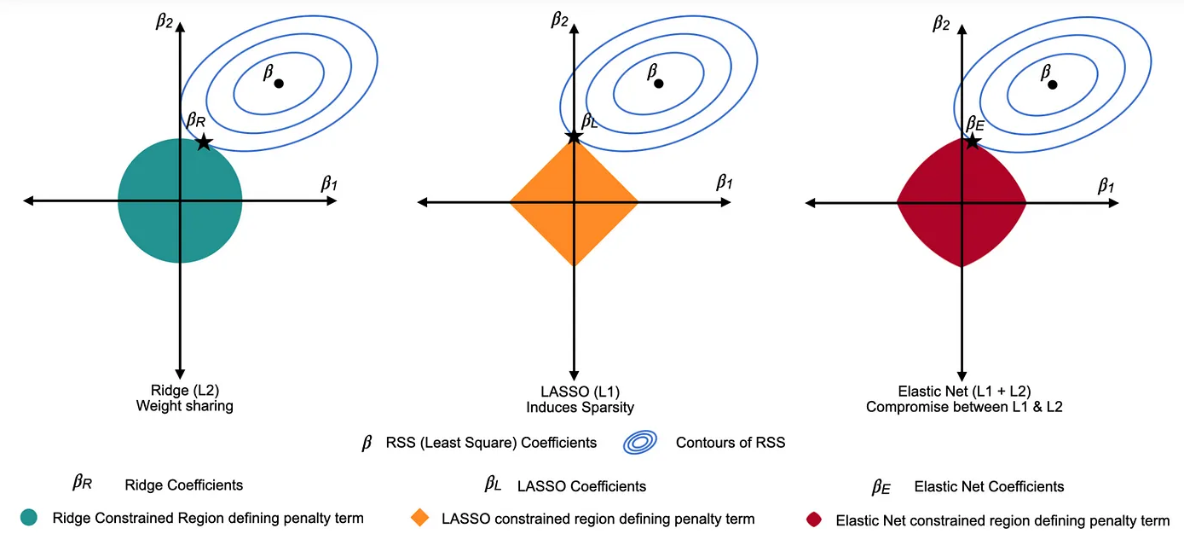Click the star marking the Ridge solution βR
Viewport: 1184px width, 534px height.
[203, 142]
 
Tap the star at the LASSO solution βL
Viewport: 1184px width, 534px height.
[575, 136]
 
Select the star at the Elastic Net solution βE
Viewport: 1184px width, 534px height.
[972, 138]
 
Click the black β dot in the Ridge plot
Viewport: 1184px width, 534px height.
[279, 83]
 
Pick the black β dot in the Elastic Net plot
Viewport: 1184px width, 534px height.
[1053, 84]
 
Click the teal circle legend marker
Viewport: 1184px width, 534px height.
[30, 517]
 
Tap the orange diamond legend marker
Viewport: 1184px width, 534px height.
[419, 518]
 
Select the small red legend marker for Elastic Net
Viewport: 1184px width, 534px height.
[814, 519]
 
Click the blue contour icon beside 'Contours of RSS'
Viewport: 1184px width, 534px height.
[640, 442]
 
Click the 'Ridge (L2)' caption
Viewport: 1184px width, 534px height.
[184, 391]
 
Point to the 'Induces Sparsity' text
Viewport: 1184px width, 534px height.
[580, 407]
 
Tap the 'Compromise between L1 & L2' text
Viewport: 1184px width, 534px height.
[964, 407]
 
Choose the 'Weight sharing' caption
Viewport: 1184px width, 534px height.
[184, 406]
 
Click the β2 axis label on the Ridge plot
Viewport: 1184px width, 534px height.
[165, 20]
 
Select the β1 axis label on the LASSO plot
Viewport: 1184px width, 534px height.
[724, 182]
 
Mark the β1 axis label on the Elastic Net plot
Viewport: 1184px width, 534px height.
[1106, 184]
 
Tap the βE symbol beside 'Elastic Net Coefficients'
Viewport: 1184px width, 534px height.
[881, 487]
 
